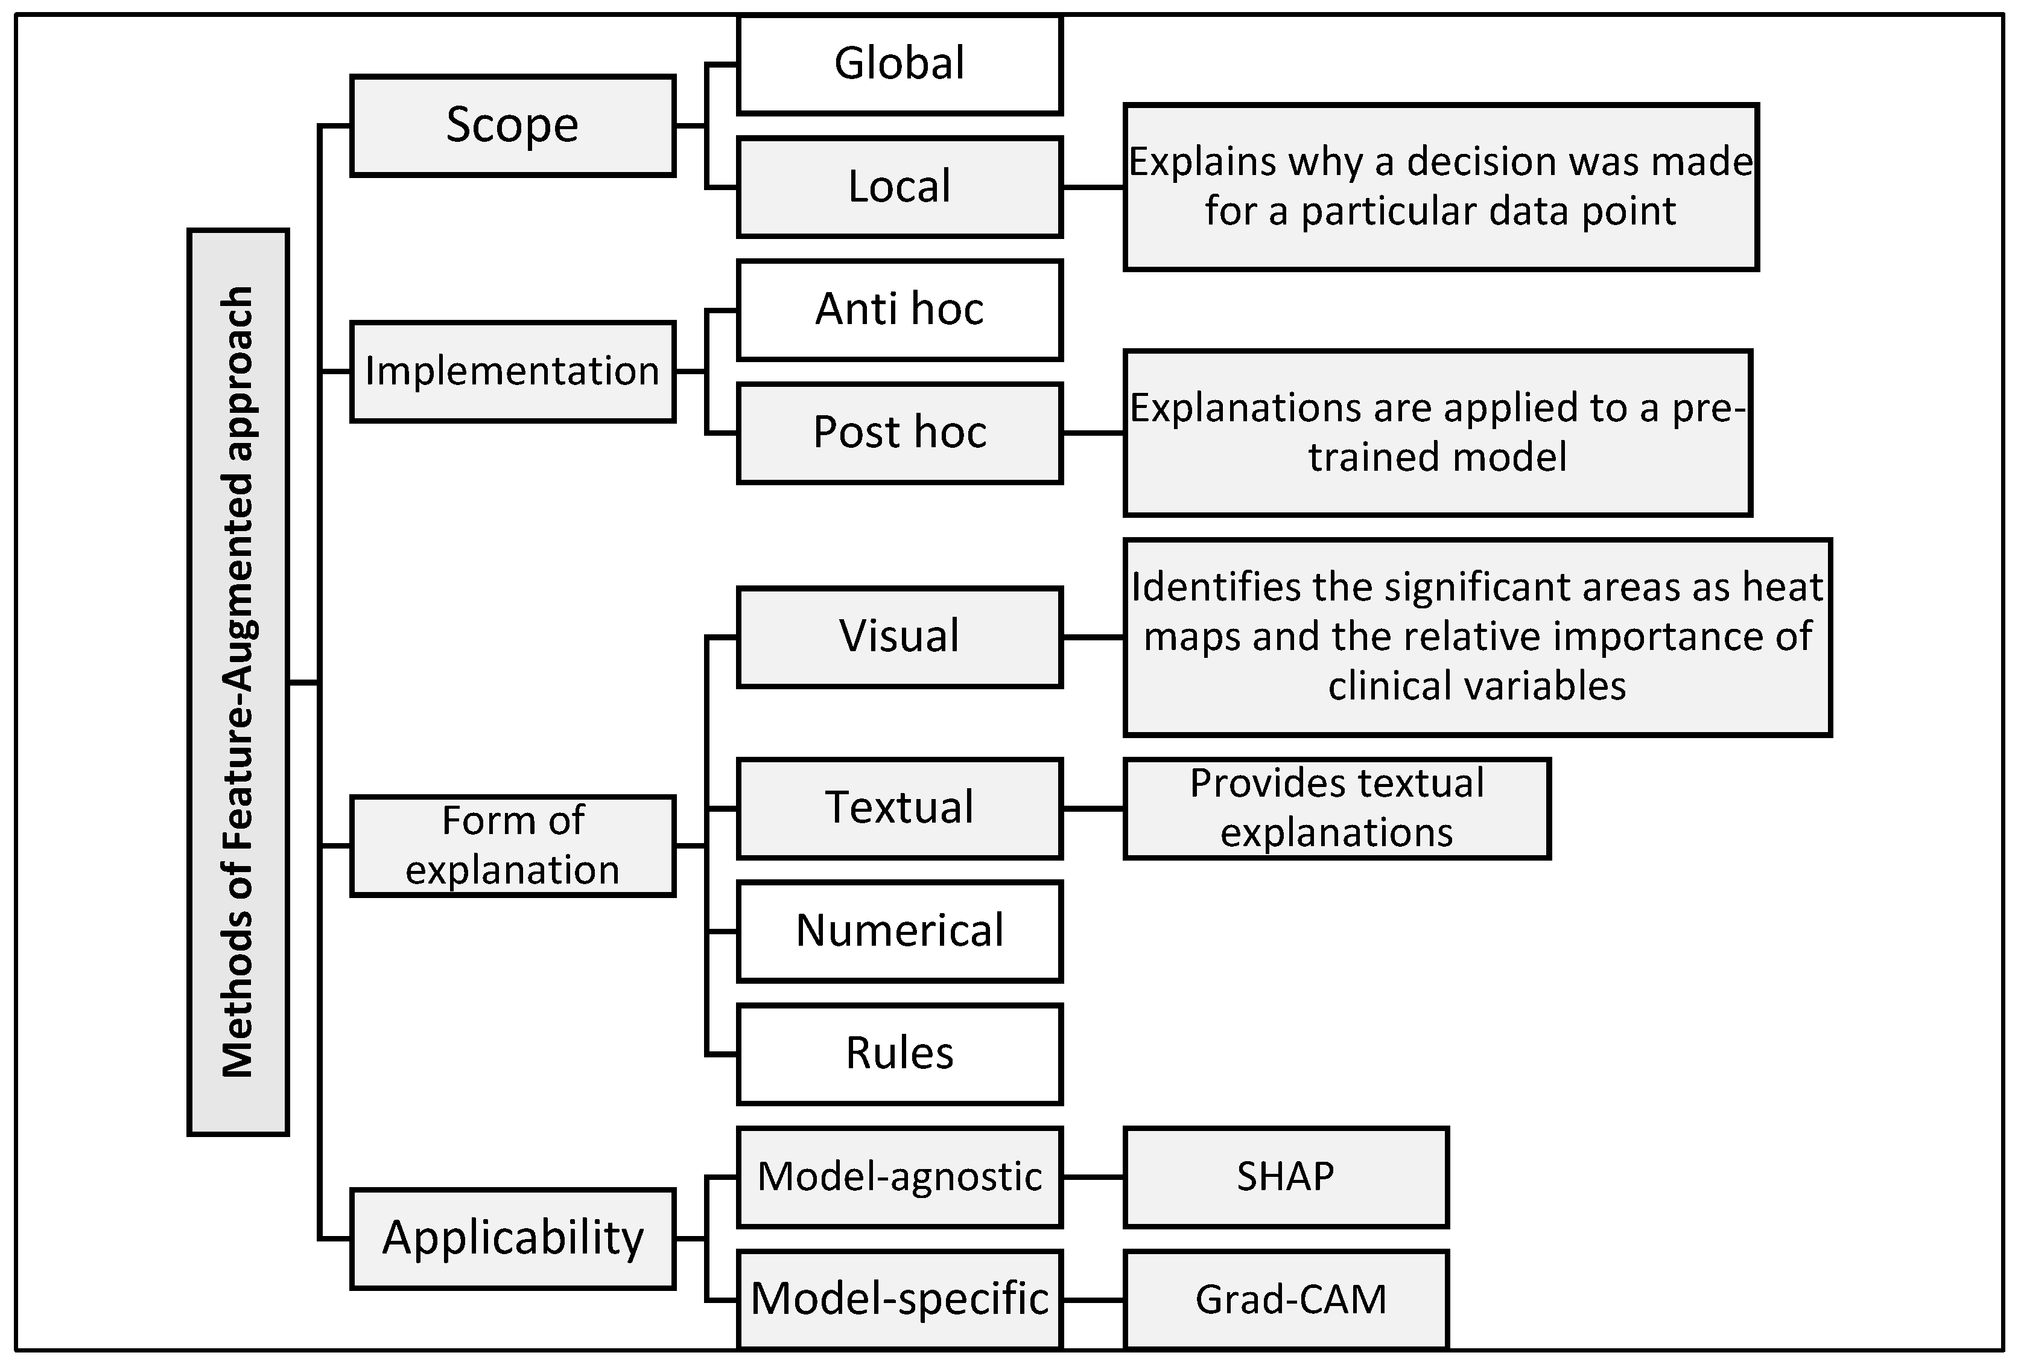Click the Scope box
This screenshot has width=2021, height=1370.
tap(512, 126)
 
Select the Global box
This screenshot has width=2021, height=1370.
tap(899, 65)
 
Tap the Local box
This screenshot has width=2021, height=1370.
tap(899, 186)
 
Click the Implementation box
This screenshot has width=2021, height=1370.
tap(512, 371)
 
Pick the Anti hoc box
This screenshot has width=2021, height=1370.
tap(899, 310)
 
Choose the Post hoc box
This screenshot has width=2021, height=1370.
tap(899, 432)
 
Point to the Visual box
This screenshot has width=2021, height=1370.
tap(899, 637)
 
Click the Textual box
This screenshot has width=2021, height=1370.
tap(899, 808)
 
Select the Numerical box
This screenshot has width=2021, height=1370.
tap(899, 931)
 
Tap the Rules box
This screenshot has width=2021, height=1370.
tap(899, 1053)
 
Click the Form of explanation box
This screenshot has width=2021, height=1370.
tap(512, 846)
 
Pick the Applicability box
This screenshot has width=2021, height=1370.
tap(512, 1238)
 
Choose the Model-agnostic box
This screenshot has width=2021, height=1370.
tap(899, 1177)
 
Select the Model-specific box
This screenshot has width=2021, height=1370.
tap(899, 1299)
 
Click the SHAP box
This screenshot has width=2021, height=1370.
tap(1286, 1177)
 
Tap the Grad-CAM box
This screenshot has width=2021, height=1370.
tap(1286, 1299)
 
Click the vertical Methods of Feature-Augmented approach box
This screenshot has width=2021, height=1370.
tap(238, 682)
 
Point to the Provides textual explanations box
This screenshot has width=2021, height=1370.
tap(1337, 808)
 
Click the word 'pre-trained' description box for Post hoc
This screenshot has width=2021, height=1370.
tap(1436, 432)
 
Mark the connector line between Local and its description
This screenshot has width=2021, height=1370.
tap(1093, 186)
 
